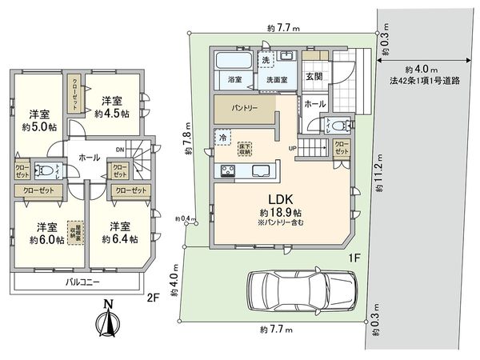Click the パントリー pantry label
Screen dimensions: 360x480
pyautogui.click(x=246, y=108)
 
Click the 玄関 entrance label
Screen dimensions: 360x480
pyautogui.click(x=314, y=76)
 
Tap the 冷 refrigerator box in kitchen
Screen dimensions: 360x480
pyautogui.click(x=218, y=137)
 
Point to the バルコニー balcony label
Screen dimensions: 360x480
pyautogui.click(x=82, y=283)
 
